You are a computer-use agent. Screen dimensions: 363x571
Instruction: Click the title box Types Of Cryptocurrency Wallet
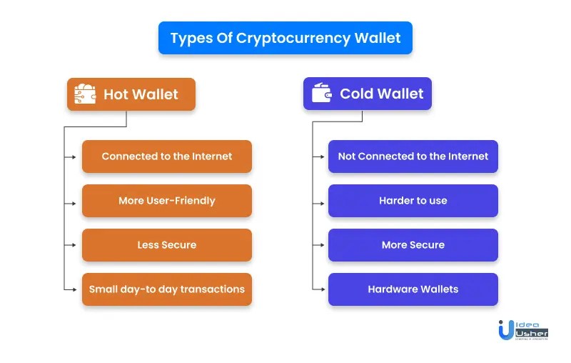(x=285, y=38)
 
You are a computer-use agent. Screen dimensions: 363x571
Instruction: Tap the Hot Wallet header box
(x=131, y=94)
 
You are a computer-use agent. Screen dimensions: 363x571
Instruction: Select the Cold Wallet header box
(x=367, y=94)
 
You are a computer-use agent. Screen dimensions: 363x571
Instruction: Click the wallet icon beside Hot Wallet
(x=85, y=94)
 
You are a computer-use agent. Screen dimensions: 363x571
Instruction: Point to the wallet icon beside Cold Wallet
(x=323, y=94)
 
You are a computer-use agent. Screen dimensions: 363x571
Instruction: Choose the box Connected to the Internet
(x=167, y=156)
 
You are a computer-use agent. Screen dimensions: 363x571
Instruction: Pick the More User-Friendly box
(x=167, y=201)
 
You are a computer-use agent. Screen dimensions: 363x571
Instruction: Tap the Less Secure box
(x=167, y=245)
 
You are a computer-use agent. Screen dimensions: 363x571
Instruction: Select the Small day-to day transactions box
(x=167, y=289)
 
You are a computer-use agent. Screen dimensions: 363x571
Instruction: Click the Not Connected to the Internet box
(x=413, y=156)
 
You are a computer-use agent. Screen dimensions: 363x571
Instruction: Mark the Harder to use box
(x=413, y=201)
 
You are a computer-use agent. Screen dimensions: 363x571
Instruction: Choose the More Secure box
(x=413, y=245)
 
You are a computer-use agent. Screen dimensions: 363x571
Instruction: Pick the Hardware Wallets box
(x=413, y=289)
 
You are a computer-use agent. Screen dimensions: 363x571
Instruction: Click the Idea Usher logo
(x=523, y=329)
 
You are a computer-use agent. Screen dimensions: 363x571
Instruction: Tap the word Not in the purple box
(x=347, y=156)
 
